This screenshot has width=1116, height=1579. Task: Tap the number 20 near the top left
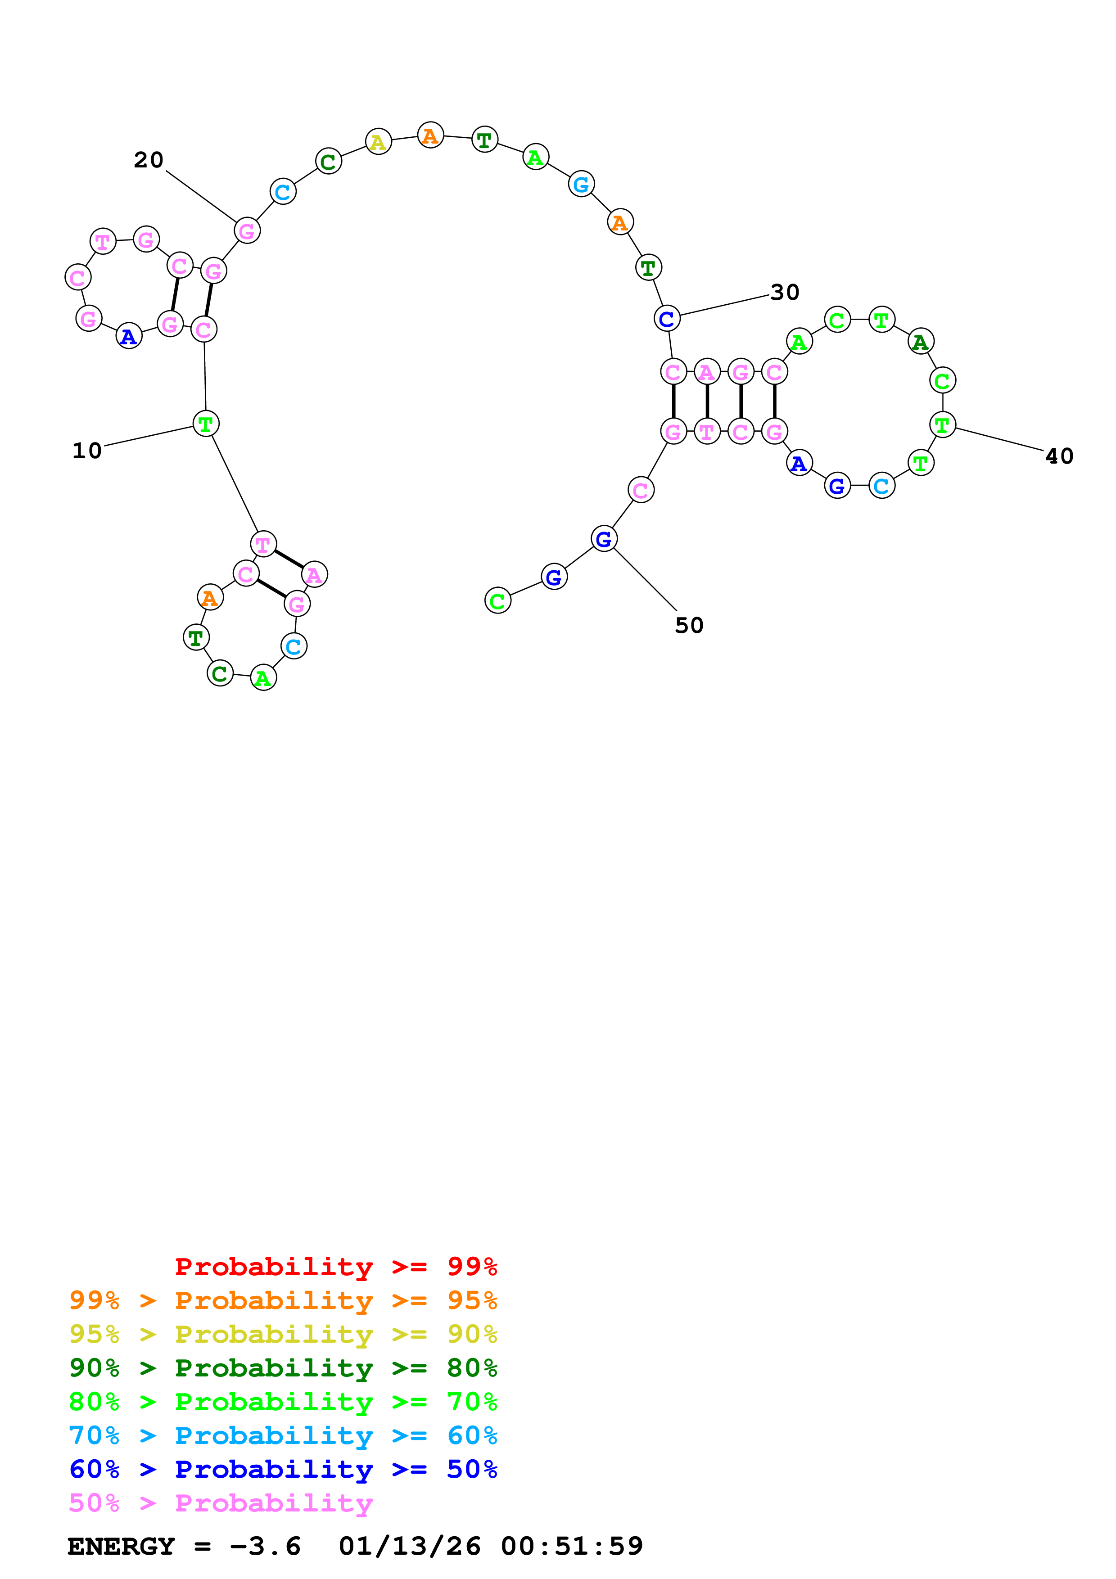pos(149,160)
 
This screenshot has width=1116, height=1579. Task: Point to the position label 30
pos(785,292)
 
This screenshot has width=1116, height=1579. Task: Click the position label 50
pos(689,625)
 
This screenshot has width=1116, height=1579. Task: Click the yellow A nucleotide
pos(378,142)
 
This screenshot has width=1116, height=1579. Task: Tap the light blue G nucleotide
pos(582,184)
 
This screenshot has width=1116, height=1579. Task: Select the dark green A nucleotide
pos(921,341)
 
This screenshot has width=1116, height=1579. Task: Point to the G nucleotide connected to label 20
pos(247,231)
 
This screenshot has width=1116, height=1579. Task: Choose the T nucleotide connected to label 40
pos(942,425)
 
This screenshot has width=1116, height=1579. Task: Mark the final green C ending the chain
pos(498,600)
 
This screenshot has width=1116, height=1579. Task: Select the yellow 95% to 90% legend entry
pos(283,1334)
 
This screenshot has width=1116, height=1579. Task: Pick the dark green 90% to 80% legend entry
pos(283,1368)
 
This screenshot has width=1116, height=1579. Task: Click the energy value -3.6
pos(266,1546)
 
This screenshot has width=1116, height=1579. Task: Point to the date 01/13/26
pos(409,1546)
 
